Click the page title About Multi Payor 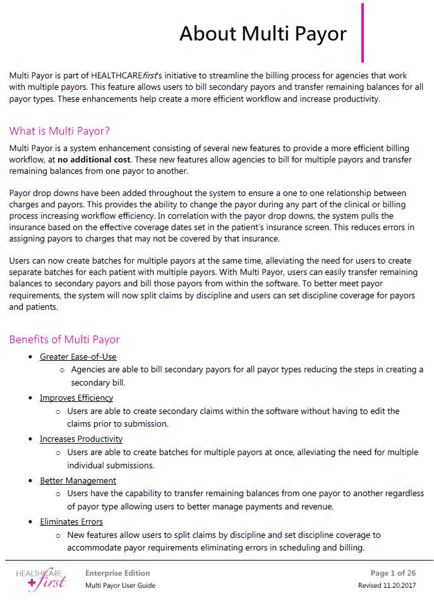[x=263, y=33]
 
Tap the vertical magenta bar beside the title [x=363, y=33]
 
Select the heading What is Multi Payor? [x=60, y=131]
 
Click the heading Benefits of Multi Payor [x=64, y=339]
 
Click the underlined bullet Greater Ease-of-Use [x=78, y=356]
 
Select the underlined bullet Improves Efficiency [x=76, y=398]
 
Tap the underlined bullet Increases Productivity [x=81, y=439]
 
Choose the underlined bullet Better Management [x=78, y=480]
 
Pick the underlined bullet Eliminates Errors [x=71, y=521]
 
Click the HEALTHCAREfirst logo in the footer [x=41, y=578]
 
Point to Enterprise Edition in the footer [x=118, y=573]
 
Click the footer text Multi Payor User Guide [x=120, y=585]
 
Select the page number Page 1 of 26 [x=397, y=573]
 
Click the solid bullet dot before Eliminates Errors [x=31, y=522]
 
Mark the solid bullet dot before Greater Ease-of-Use [x=31, y=357]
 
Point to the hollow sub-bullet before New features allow [x=59, y=535]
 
